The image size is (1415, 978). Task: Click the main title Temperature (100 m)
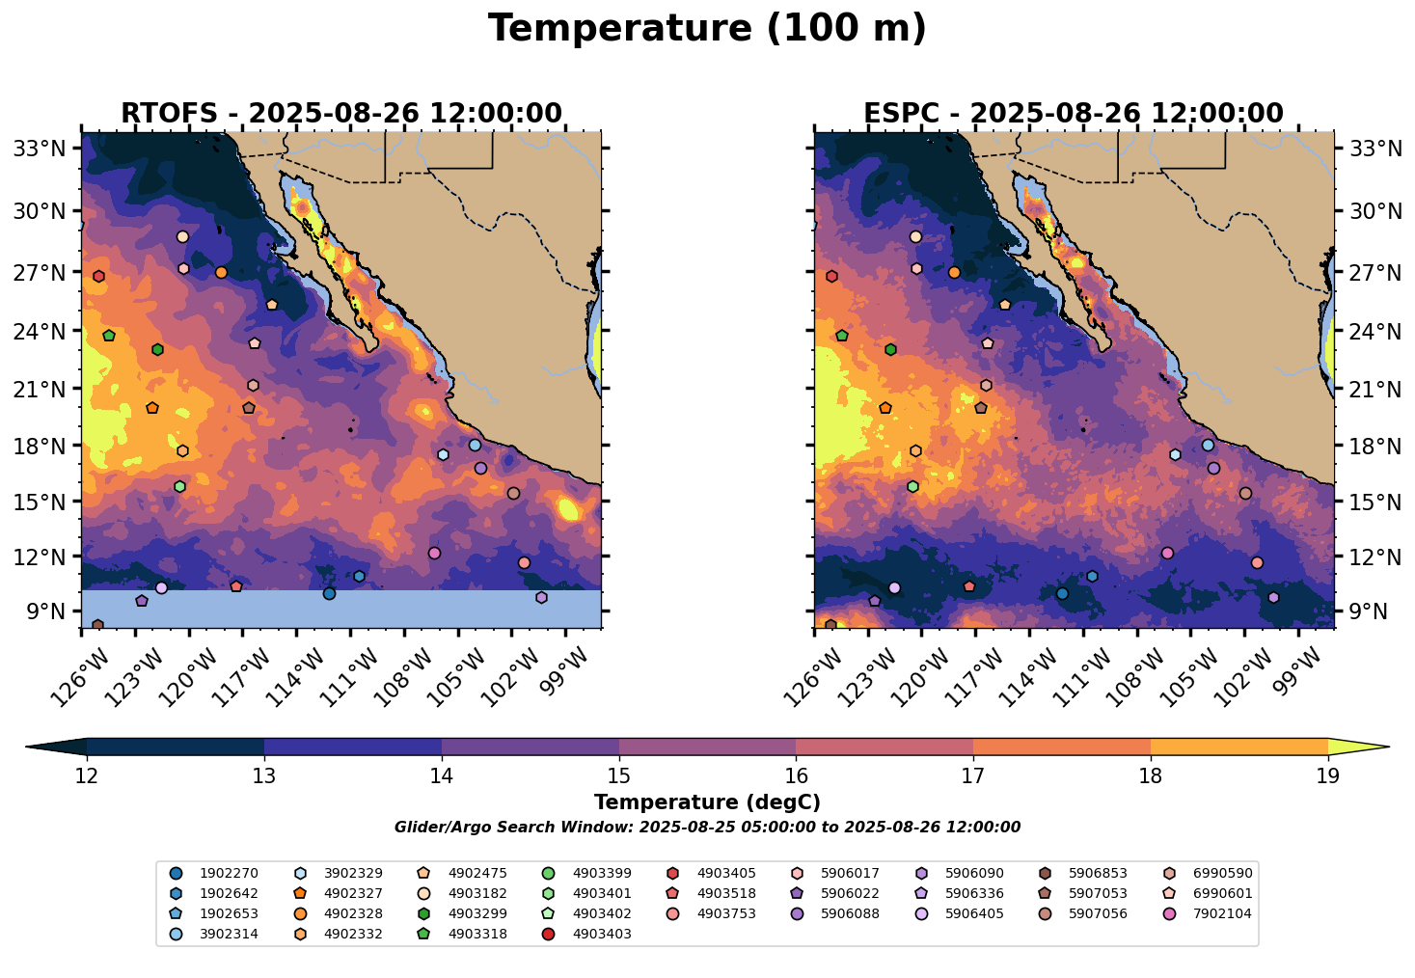click(707, 29)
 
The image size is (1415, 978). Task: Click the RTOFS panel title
click(340, 114)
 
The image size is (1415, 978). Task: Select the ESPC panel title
click(1073, 114)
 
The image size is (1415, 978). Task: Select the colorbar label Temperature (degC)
click(707, 802)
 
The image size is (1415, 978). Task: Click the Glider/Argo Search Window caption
click(707, 828)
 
